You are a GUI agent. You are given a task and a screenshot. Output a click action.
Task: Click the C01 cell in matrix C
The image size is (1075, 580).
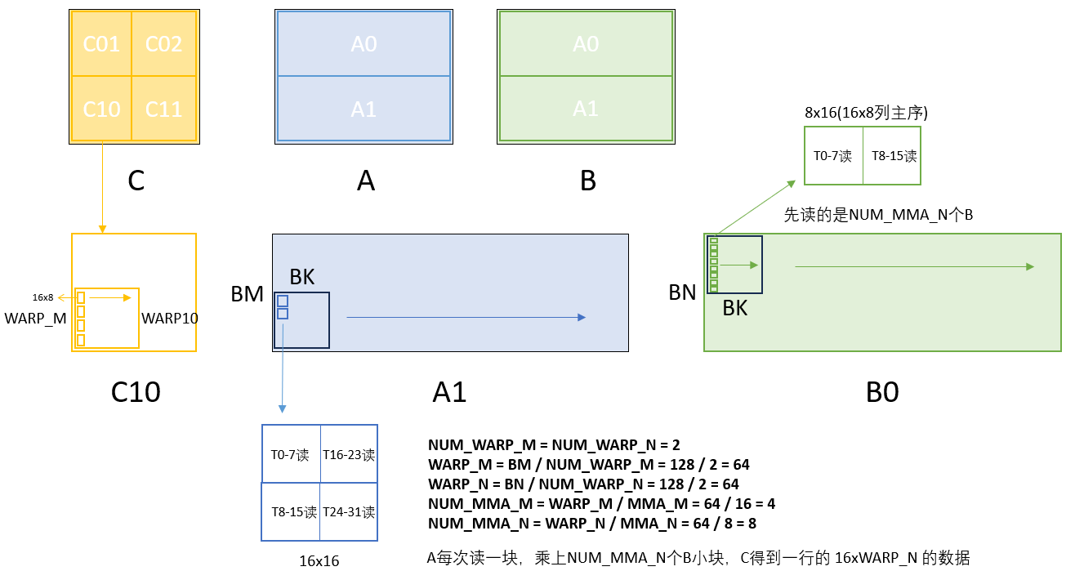click(102, 43)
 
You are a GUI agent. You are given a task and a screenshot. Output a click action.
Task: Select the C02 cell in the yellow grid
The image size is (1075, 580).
click(164, 43)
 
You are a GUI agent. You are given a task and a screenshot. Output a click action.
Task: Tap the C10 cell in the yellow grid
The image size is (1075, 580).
click(102, 108)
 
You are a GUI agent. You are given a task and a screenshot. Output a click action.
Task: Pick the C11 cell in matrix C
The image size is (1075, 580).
click(164, 108)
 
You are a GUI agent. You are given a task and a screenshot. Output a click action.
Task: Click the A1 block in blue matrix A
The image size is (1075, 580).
click(364, 109)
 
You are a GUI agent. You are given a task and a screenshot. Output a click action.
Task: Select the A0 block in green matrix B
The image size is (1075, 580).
click(586, 43)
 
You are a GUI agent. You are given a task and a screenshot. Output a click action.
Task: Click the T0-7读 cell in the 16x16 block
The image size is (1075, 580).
click(290, 455)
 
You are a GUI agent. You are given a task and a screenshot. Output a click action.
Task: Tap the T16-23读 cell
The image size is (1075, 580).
click(349, 455)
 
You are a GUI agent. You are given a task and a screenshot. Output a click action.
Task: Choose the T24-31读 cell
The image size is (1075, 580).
click(349, 512)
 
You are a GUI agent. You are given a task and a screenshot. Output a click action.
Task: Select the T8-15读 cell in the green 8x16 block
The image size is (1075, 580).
click(894, 156)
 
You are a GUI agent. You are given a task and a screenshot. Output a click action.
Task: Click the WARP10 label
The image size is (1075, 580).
click(170, 318)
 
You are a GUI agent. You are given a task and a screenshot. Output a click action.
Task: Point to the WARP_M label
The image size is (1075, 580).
click(35, 318)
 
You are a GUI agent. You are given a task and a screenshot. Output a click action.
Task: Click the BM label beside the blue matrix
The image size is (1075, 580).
click(248, 294)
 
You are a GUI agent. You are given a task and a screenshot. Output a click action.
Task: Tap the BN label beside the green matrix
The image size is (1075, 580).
click(682, 292)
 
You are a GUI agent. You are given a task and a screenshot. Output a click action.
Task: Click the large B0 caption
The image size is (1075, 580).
click(882, 393)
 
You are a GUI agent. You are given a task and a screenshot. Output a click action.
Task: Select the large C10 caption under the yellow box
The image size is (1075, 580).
click(136, 393)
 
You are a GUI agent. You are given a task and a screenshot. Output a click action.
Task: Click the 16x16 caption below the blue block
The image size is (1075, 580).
click(319, 561)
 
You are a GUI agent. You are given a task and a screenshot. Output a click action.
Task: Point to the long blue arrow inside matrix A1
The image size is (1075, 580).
click(466, 317)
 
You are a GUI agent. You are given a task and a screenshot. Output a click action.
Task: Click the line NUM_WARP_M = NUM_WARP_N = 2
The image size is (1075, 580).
click(554, 445)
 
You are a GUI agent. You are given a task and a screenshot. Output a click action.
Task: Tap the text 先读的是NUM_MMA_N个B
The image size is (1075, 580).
click(878, 215)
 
